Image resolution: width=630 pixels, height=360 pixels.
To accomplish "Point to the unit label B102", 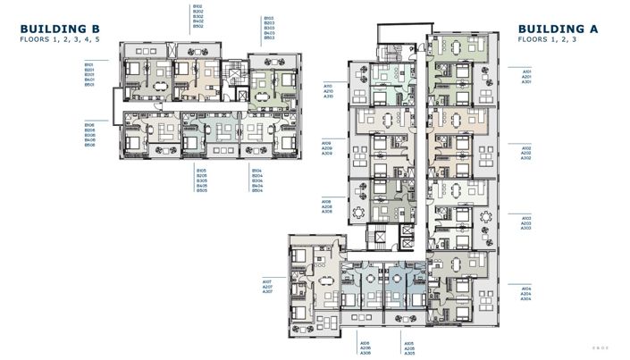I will pyautogui.click(x=197, y=6).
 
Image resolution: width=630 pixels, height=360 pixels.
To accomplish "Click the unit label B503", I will pyautogui.click(x=268, y=38).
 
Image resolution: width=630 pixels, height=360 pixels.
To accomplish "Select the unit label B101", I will pyautogui.click(x=89, y=64).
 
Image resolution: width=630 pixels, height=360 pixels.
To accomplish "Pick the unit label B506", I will pyautogui.click(x=89, y=145).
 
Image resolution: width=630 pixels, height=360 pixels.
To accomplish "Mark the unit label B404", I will pyautogui.click(x=256, y=186).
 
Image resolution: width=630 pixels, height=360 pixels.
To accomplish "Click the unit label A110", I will pyautogui.click(x=328, y=86).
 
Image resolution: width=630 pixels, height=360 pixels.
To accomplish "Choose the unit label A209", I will pyautogui.click(x=327, y=148).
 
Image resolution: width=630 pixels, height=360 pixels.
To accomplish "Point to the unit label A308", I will pyautogui.click(x=327, y=213).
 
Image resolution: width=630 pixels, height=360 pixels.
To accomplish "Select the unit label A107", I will pyautogui.click(x=267, y=281).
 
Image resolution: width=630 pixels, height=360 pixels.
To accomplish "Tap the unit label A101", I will pyautogui.click(x=526, y=71).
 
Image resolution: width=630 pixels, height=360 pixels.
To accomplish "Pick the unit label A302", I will pyautogui.click(x=526, y=158).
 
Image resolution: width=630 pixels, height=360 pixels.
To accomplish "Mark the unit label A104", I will pyautogui.click(x=526, y=289).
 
